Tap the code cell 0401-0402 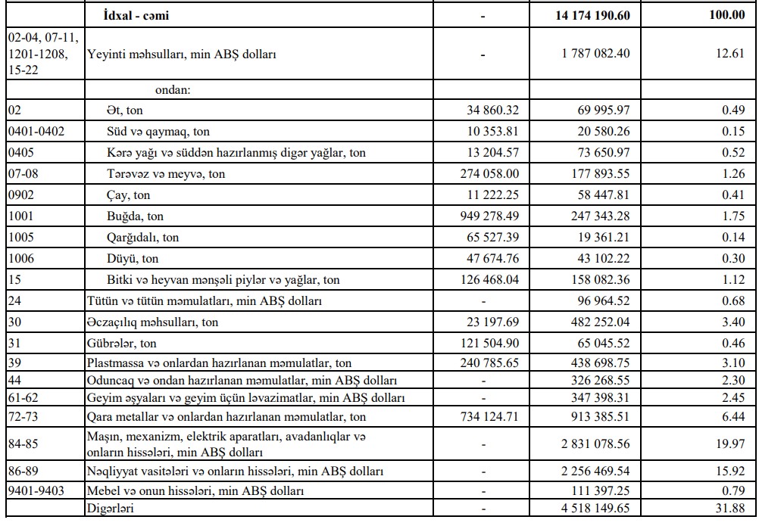pyautogui.click(x=36, y=132)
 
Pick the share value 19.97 pyautogui.click(x=731, y=444)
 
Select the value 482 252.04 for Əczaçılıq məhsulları pyautogui.click(x=601, y=322)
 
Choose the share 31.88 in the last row pyautogui.click(x=731, y=508)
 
